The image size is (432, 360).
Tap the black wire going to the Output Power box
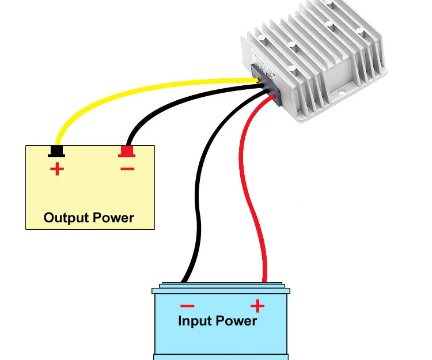click(x=176, y=103)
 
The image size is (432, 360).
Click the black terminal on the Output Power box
click(x=56, y=151)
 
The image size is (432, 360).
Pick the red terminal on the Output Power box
click(x=127, y=151)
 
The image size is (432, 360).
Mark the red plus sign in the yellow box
click(x=57, y=169)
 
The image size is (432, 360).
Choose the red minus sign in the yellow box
click(x=127, y=169)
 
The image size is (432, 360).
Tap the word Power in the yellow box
click(x=113, y=218)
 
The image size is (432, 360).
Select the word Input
click(x=195, y=321)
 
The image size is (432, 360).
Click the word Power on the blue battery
click(x=236, y=321)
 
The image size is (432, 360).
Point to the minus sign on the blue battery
click(x=187, y=306)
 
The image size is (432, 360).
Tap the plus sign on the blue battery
click(x=257, y=306)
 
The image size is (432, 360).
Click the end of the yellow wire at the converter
click(x=257, y=81)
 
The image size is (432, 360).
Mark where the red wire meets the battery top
click(x=264, y=282)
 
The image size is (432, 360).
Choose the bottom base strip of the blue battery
click(x=221, y=357)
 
